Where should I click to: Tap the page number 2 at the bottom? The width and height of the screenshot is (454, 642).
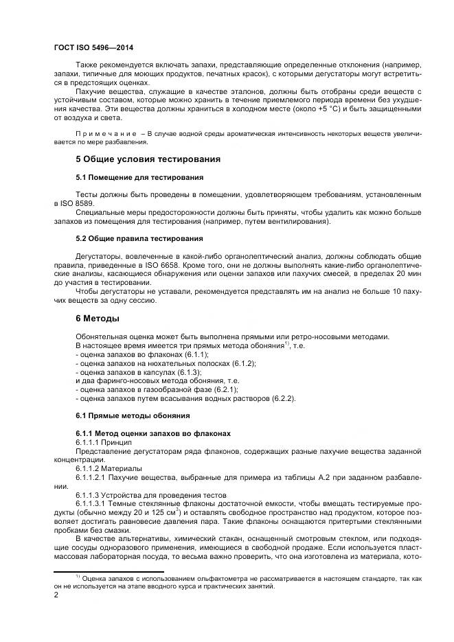[56, 595]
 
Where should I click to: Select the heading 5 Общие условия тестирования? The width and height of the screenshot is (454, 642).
[148, 159]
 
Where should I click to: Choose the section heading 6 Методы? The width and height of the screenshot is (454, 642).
[98, 319]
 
